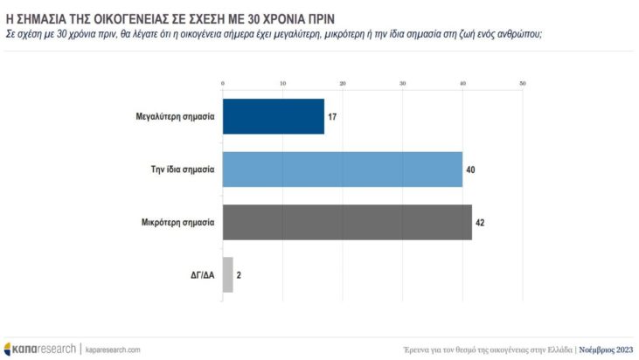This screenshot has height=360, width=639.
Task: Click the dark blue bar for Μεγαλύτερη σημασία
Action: [274, 116]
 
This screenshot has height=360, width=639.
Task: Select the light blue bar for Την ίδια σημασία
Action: [343, 169]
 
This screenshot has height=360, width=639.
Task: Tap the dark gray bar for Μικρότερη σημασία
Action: [348, 222]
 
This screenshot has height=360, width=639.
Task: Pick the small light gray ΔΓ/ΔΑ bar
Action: [228, 274]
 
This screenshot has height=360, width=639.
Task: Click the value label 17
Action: [332, 116]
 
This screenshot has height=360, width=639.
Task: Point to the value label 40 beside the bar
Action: [470, 169]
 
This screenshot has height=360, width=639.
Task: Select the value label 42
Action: [480, 222]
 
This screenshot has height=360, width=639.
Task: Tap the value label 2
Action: [239, 274]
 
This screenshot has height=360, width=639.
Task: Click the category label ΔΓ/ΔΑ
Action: [202, 274]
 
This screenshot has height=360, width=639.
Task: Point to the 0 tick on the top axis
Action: [224, 84]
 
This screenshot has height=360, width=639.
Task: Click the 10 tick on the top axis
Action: [283, 84]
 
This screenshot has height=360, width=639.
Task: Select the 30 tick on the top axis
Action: [403, 84]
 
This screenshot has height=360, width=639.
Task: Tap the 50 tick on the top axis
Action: [522, 84]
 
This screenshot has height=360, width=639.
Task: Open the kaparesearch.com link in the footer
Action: [113, 349]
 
